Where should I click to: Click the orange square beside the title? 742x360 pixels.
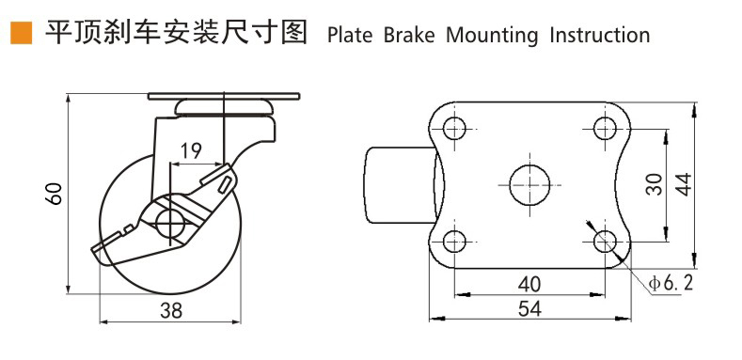[x=22, y=33]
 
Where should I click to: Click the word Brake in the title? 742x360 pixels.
[x=409, y=36]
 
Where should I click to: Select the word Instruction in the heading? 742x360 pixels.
[x=600, y=36]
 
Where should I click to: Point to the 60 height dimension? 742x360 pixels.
[x=55, y=193]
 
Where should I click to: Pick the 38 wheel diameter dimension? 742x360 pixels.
[x=171, y=311]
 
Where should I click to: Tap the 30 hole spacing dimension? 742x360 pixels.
[x=655, y=184]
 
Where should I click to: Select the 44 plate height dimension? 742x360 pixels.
[x=683, y=184]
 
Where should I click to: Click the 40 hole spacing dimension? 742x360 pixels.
[x=529, y=284]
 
